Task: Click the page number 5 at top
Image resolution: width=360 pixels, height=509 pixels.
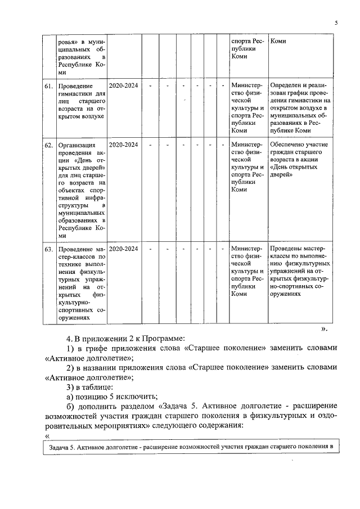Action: tap(336, 23)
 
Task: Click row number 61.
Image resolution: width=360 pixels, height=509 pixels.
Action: tap(48, 86)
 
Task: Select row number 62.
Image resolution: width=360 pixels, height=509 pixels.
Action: tap(48, 145)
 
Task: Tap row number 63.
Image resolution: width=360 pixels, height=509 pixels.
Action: tap(48, 249)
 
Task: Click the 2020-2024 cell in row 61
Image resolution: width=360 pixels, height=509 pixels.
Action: tap(123, 86)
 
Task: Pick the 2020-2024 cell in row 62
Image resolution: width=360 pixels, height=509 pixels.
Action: tap(123, 145)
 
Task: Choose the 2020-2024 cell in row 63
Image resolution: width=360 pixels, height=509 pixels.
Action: tap(123, 249)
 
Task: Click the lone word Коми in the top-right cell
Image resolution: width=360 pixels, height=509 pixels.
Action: tap(278, 42)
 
